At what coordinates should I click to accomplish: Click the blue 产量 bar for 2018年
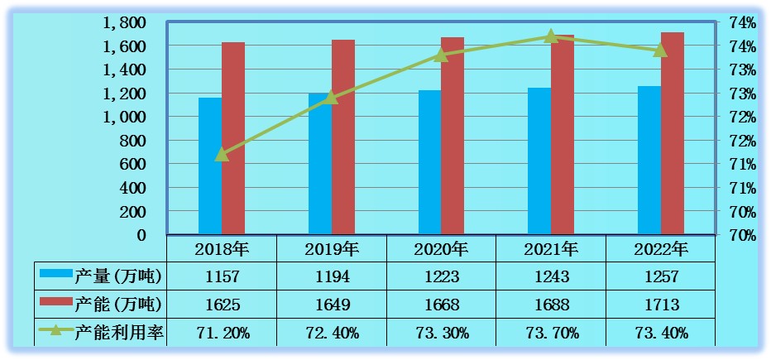coord(209,166)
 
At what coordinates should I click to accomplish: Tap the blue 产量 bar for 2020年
coord(429,162)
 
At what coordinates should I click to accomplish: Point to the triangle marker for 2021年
coord(551,36)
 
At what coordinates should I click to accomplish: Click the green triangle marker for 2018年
coord(221,154)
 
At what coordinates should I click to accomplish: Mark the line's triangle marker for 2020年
coord(441,55)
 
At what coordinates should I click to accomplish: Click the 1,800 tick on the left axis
coord(124,22)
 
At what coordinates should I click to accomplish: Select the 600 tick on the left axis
coord(134,165)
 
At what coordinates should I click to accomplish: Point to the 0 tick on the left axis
coord(141,236)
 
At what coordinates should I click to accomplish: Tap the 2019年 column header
coord(331,248)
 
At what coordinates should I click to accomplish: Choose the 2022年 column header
coord(661,248)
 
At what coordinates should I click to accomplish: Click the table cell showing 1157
coord(221,276)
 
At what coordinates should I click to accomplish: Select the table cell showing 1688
coord(551,305)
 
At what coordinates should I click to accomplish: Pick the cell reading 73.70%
coord(551,333)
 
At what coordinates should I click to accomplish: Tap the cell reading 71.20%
coord(221,333)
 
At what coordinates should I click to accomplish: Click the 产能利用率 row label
coord(119,333)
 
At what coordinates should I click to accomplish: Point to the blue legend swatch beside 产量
coord(55,274)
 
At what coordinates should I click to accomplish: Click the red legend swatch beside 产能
coord(55,302)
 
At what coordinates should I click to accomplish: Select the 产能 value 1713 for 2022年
coord(661,305)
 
